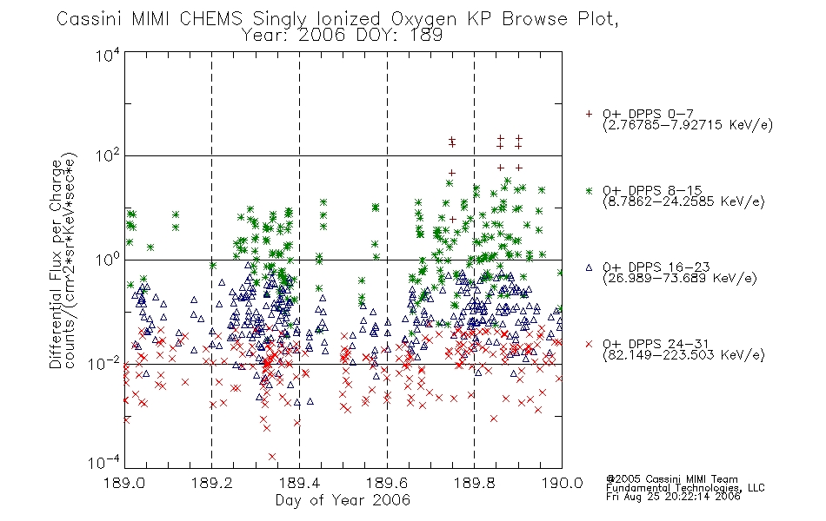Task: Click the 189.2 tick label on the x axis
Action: click(x=212, y=483)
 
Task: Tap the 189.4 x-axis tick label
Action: click(x=299, y=483)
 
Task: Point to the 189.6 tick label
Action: click(x=387, y=483)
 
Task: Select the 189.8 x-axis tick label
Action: click(x=474, y=483)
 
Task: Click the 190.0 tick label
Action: click(x=562, y=483)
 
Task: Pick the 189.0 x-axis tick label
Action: click(x=124, y=483)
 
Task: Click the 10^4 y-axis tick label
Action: click(x=108, y=55)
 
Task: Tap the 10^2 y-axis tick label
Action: click(x=108, y=156)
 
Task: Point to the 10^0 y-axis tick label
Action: click(x=108, y=260)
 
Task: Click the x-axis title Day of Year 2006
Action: click(x=343, y=500)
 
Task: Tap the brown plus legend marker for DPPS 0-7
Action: click(x=590, y=114)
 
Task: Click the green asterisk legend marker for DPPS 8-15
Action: click(x=590, y=191)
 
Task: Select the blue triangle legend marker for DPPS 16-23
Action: click(x=590, y=267)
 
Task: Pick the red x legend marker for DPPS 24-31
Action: click(x=590, y=344)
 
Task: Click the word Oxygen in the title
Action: click(x=424, y=19)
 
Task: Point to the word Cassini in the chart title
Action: click(x=90, y=19)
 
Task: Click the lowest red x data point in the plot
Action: click(x=272, y=456)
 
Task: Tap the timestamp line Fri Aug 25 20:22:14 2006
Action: click(x=673, y=497)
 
